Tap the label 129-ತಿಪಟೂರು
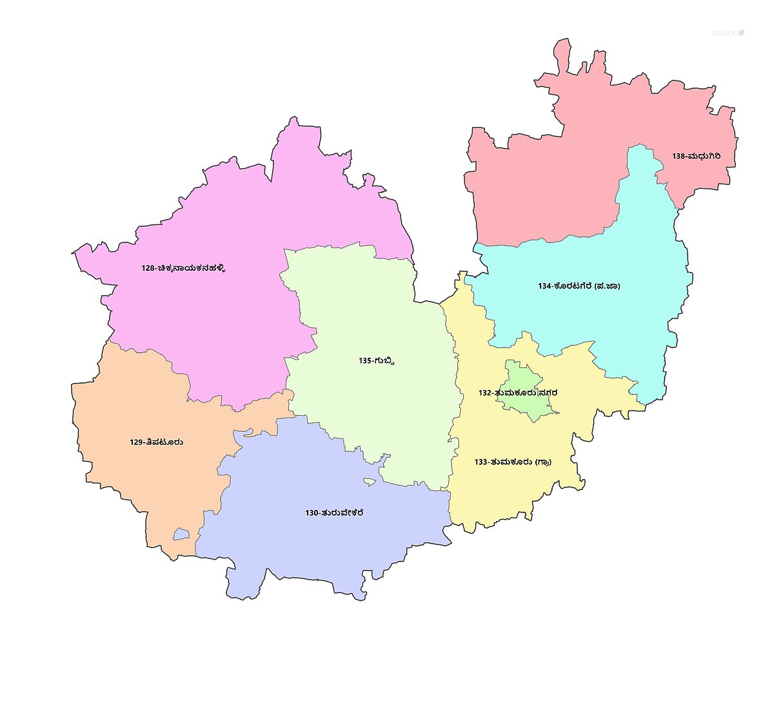click(x=156, y=442)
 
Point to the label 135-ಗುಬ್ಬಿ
click(x=376, y=360)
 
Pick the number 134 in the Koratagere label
click(x=546, y=286)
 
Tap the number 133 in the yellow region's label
click(x=481, y=462)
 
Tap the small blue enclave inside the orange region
click(x=181, y=534)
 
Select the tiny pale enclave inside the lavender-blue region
click(x=370, y=482)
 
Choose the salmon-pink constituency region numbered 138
click(x=548, y=174)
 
